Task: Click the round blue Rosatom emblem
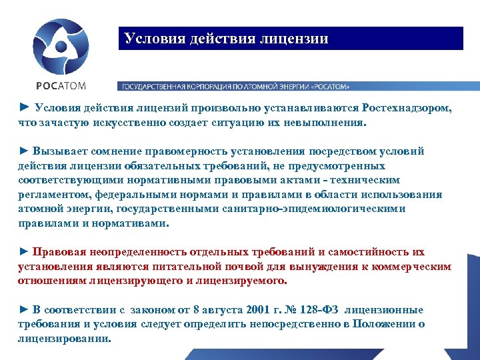coord(61,46)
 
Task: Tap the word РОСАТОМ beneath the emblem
coord(61,85)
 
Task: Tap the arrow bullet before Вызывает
coord(24,151)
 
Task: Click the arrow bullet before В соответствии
coord(24,310)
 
